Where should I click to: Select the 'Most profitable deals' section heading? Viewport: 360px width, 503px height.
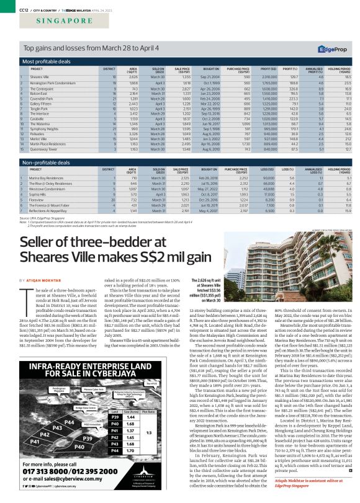[48, 61]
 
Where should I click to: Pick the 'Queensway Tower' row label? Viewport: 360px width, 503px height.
[44, 149]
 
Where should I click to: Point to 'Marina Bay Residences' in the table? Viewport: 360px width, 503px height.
[47, 178]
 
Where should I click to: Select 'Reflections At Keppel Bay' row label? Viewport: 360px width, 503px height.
[50, 210]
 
